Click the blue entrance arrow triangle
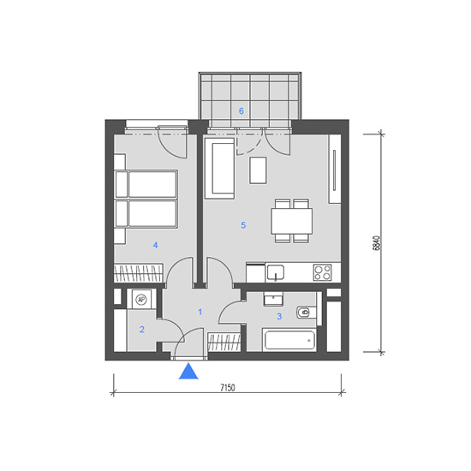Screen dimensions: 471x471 pyautogui.click(x=188, y=372)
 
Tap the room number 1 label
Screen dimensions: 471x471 pyautogui.click(x=200, y=312)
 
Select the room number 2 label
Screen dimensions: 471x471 pyautogui.click(x=142, y=330)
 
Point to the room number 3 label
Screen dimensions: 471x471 pyautogui.click(x=279, y=316)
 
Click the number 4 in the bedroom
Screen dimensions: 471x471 pyautogui.click(x=155, y=245)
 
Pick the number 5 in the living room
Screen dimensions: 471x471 pyautogui.click(x=243, y=225)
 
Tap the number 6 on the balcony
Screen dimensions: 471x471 pyautogui.click(x=241, y=111)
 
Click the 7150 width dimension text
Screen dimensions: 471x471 pyautogui.click(x=228, y=387)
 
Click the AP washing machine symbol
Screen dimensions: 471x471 pyautogui.click(x=141, y=299)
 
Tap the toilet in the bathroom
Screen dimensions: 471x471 pyautogui.click(x=306, y=313)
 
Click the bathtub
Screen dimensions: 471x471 pyautogui.click(x=289, y=340)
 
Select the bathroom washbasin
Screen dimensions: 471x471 pyautogui.click(x=273, y=299)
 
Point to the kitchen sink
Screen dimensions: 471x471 pyautogui.click(x=276, y=273)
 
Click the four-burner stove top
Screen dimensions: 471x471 pyautogui.click(x=322, y=272)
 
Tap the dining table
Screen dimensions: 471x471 pyautogui.click(x=292, y=221)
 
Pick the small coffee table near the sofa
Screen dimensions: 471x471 pyautogui.click(x=258, y=170)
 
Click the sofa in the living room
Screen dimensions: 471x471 pyautogui.click(x=219, y=168)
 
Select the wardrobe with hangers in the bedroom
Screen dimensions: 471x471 pyautogui.click(x=139, y=273)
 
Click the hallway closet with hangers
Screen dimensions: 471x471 pyautogui.click(x=224, y=343)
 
